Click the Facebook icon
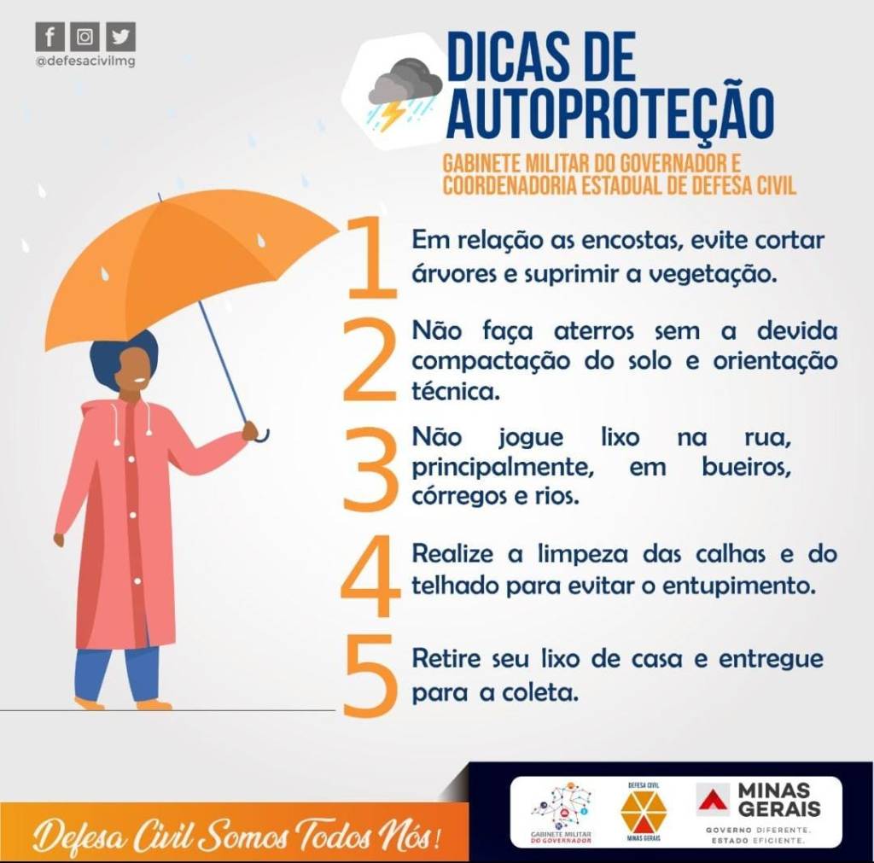coord(50,38)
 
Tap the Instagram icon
coord(84,38)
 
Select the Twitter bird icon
coord(120,38)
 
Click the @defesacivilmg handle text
coord(85,61)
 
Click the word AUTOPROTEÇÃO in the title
coord(610,114)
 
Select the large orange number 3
coord(370,469)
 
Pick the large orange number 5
coord(370,676)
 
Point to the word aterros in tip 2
coord(594,331)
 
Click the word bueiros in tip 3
coord(746,467)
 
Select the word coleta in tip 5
coord(539,693)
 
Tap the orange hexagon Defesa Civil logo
coord(644,811)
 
